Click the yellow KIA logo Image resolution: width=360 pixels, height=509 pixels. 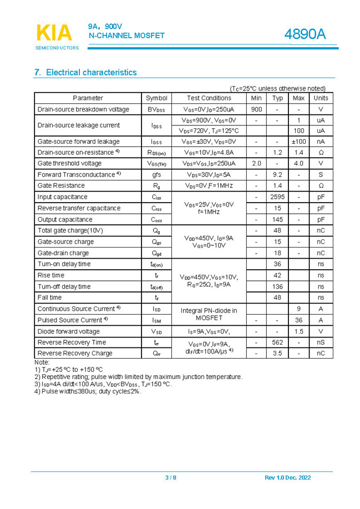[x=54, y=33]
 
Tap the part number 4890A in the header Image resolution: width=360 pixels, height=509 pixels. [x=305, y=34]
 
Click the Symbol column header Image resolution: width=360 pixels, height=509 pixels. [x=156, y=98]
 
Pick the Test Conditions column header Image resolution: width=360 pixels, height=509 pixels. [x=209, y=98]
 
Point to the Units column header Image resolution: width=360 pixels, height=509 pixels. [x=321, y=98]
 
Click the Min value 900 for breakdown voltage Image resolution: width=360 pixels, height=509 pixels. [x=256, y=109]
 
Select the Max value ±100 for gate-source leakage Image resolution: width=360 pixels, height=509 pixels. [x=298, y=142]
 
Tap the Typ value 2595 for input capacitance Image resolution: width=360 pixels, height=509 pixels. [x=277, y=197]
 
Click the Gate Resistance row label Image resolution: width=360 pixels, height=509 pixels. [x=61, y=185]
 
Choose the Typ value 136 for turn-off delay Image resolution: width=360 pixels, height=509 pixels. [x=277, y=286]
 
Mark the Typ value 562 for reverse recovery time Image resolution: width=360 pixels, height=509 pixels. [x=277, y=342]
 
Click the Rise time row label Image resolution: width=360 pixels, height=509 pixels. [x=51, y=275]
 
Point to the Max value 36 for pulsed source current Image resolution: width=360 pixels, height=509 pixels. [x=298, y=320]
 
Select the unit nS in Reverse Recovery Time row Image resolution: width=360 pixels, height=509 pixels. [x=321, y=342]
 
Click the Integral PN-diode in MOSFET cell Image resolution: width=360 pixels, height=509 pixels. [x=209, y=314]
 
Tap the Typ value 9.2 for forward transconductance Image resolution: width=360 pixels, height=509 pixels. [x=277, y=174]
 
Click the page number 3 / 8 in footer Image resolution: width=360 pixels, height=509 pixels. [x=171, y=478]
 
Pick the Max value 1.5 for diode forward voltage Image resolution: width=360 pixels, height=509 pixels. [x=298, y=331]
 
